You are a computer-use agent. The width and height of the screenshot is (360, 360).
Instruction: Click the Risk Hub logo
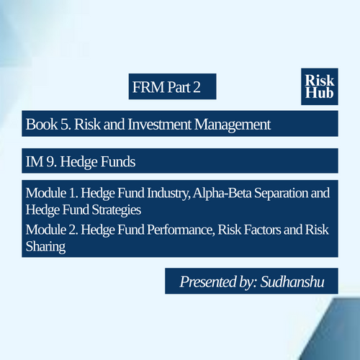[320, 86]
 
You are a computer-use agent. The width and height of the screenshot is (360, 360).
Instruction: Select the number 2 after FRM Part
[197, 87]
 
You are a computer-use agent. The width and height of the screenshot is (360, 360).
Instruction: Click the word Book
[42, 125]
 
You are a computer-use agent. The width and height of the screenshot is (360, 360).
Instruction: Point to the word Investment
[159, 125]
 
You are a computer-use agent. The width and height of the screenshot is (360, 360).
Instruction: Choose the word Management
[233, 125]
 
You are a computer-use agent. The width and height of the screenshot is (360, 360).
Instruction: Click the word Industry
[168, 194]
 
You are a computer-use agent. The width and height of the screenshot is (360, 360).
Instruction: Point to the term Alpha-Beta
[222, 193]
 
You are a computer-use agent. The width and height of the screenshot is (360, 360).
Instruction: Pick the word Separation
[281, 193]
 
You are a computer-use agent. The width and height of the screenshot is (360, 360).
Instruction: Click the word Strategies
[117, 210]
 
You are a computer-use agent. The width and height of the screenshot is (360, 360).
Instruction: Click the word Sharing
[45, 247]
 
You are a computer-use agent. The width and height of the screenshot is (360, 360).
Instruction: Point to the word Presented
[208, 282]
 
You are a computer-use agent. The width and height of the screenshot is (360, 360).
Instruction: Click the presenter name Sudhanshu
[292, 282]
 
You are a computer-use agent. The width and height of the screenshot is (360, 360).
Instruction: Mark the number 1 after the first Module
[72, 193]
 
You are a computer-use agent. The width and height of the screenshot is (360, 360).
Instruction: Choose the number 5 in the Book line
[65, 125]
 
